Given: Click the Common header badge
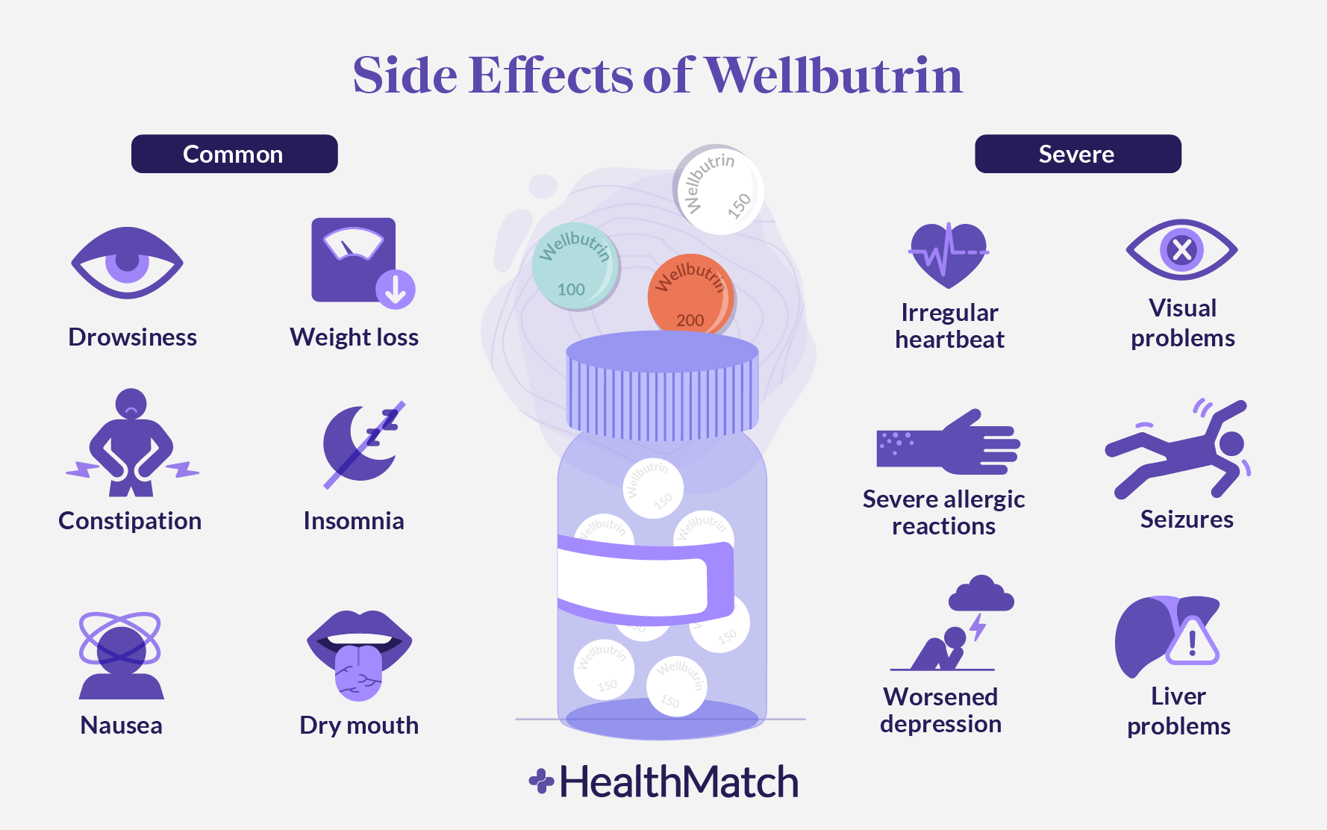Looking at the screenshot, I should point(234,154).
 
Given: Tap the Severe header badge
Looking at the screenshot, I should point(1078,154).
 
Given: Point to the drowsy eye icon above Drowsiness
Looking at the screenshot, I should point(127,263).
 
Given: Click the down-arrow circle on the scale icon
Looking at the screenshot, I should point(396,289).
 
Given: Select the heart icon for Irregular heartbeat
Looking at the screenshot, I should point(949,255).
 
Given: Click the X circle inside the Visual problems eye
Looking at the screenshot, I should point(1182,249).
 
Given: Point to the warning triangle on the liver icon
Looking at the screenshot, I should point(1192,642).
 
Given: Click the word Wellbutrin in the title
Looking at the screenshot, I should point(834,75).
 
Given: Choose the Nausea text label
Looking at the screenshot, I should point(121,725).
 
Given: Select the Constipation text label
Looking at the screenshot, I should point(130,520).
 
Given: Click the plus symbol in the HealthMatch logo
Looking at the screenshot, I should point(541,781).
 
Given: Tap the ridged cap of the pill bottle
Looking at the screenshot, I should point(662,388).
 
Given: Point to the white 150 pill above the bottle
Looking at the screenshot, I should point(718,190).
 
